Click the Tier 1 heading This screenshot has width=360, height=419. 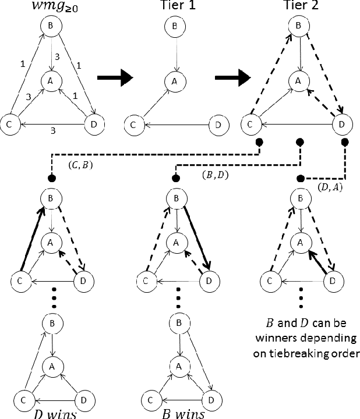pos(172,8)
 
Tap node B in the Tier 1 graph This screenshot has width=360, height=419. pos(173,27)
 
